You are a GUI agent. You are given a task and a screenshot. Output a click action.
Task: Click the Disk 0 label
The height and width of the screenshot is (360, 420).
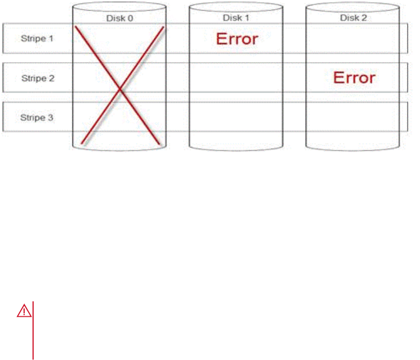pyautogui.click(x=119, y=18)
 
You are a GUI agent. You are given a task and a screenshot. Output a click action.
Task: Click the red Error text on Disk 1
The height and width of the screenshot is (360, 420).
pyautogui.click(x=237, y=39)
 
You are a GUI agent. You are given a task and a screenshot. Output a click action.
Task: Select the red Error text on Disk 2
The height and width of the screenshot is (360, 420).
pyautogui.click(x=354, y=77)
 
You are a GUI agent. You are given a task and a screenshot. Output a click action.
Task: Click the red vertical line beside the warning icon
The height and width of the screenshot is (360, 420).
pyautogui.click(x=33, y=330)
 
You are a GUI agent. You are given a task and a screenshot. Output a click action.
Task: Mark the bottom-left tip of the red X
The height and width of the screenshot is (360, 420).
pyautogui.click(x=82, y=144)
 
